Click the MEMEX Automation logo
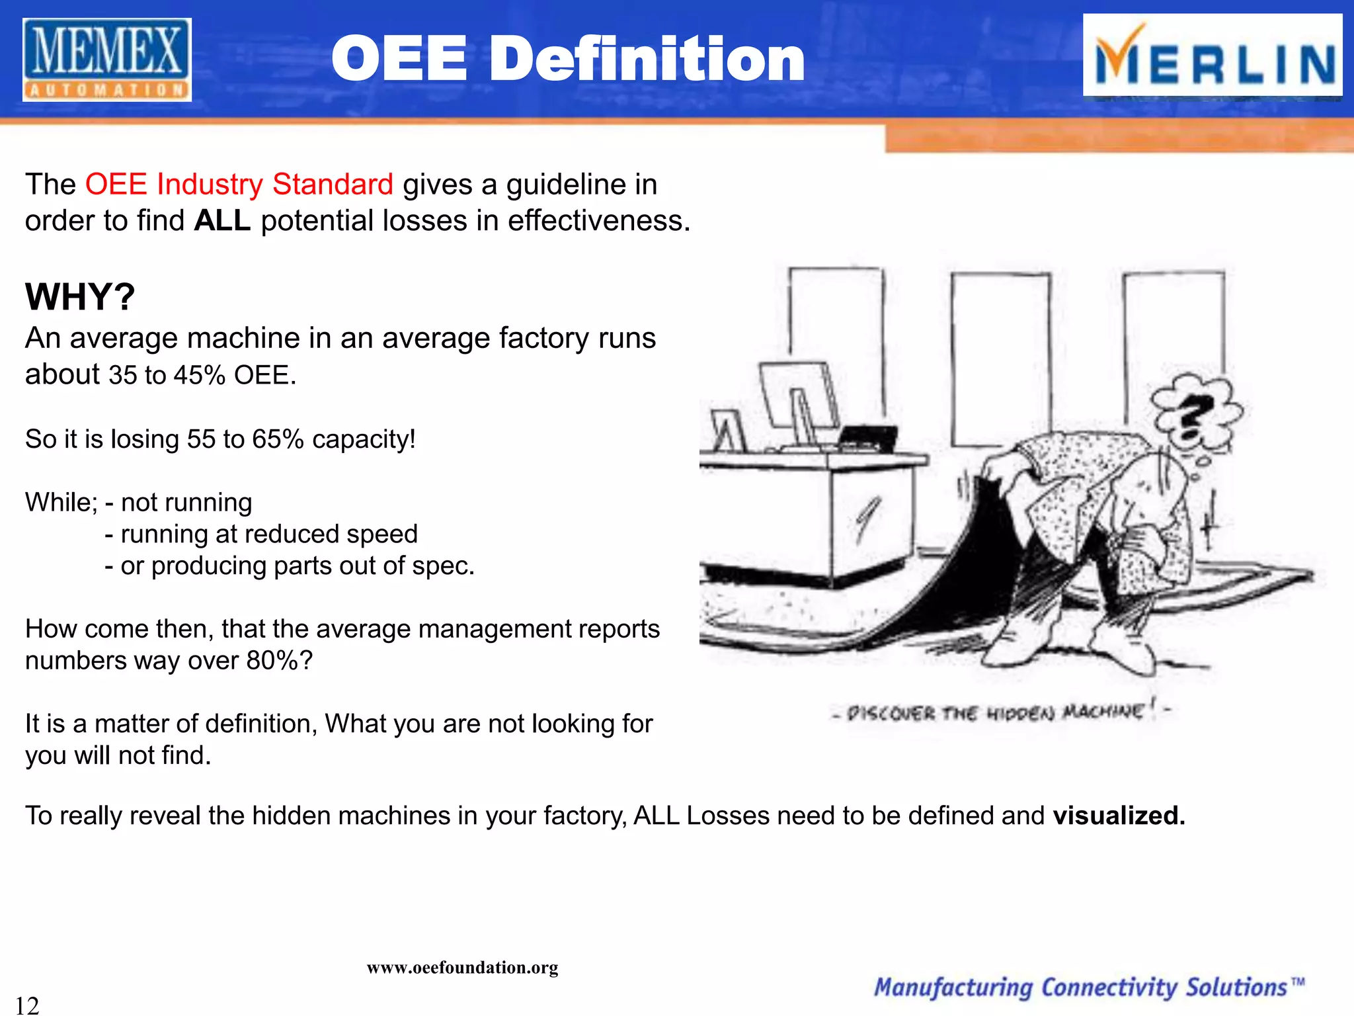[107, 60]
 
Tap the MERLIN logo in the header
[1213, 56]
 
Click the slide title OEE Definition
[568, 60]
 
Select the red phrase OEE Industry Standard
[239, 185]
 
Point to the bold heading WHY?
[80, 296]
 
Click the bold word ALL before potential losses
[222, 221]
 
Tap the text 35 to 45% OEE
[202, 375]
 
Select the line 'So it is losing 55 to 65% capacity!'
[220, 439]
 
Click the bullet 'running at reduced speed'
[268, 534]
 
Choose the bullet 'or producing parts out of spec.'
[297, 566]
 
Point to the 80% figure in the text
[272, 660]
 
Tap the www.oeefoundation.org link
[462, 968]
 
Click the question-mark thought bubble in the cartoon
[1194, 413]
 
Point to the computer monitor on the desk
[798, 400]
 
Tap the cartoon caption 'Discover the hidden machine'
[1001, 712]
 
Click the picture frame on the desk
[727, 431]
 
